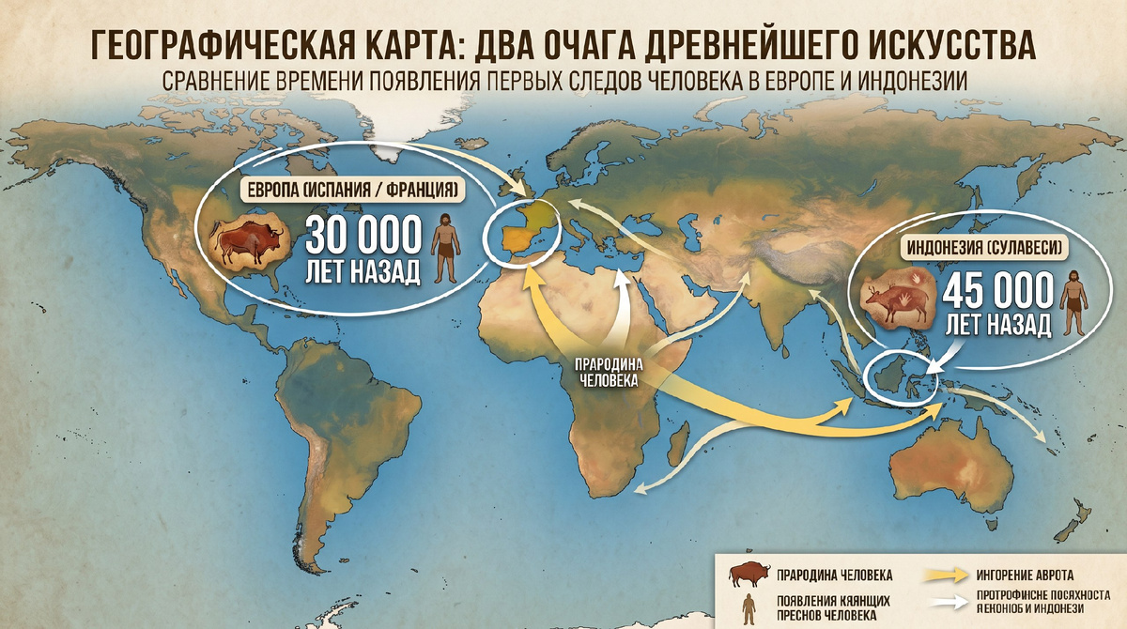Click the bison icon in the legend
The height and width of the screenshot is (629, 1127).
749,572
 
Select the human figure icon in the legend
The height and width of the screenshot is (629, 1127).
749,608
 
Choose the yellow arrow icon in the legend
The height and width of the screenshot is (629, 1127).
948,573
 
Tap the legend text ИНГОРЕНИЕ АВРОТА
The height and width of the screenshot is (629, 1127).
1025,574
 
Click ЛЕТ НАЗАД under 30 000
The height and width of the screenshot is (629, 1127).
362,273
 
